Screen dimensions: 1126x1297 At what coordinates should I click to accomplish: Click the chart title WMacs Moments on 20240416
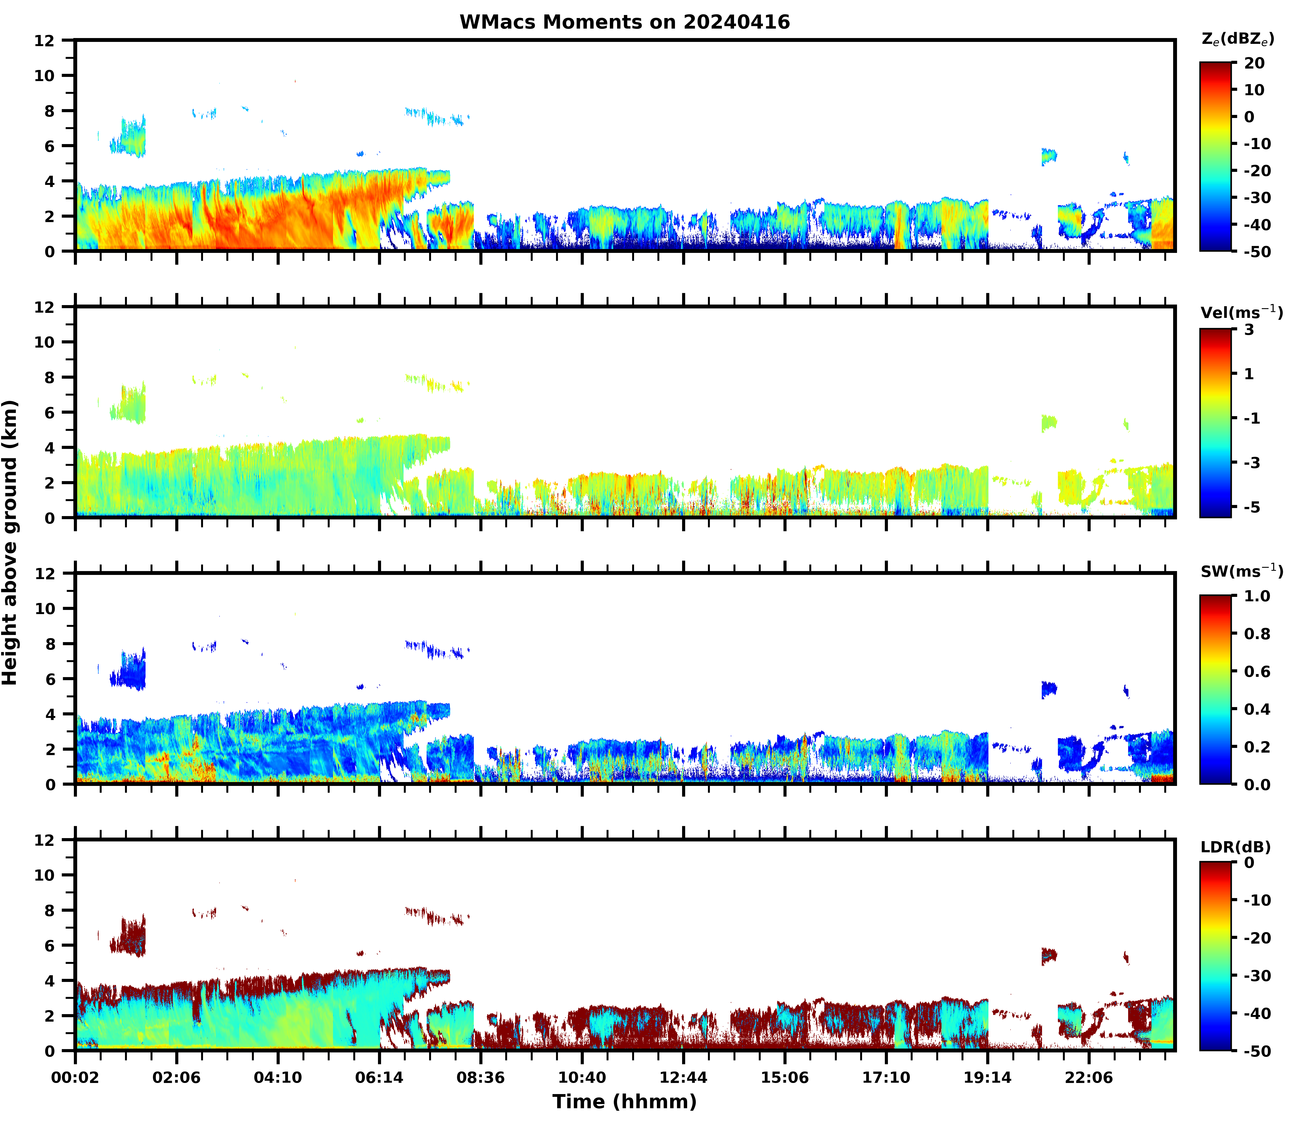[x=624, y=22]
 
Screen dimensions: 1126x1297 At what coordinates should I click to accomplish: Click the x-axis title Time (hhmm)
[x=624, y=1102]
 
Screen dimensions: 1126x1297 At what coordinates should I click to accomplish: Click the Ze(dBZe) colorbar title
[x=1237, y=39]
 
